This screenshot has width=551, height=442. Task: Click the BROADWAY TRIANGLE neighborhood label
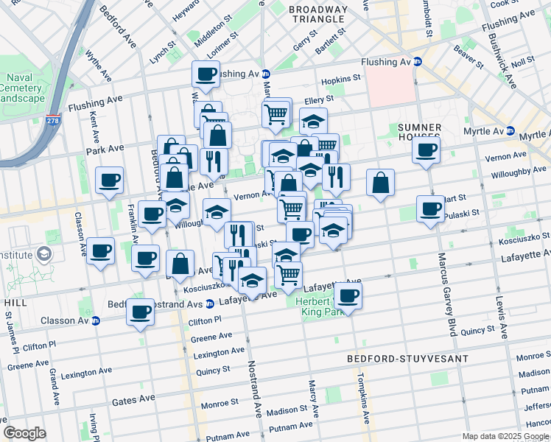[317, 14]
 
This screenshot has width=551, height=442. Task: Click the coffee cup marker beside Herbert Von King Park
[348, 296]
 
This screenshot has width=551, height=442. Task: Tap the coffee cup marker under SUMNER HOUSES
[425, 151]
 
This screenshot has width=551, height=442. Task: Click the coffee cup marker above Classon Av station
[140, 311]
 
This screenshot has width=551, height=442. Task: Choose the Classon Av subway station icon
[95, 320]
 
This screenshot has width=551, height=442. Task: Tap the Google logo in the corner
[24, 433]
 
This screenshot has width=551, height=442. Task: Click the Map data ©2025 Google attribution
[505, 436]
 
